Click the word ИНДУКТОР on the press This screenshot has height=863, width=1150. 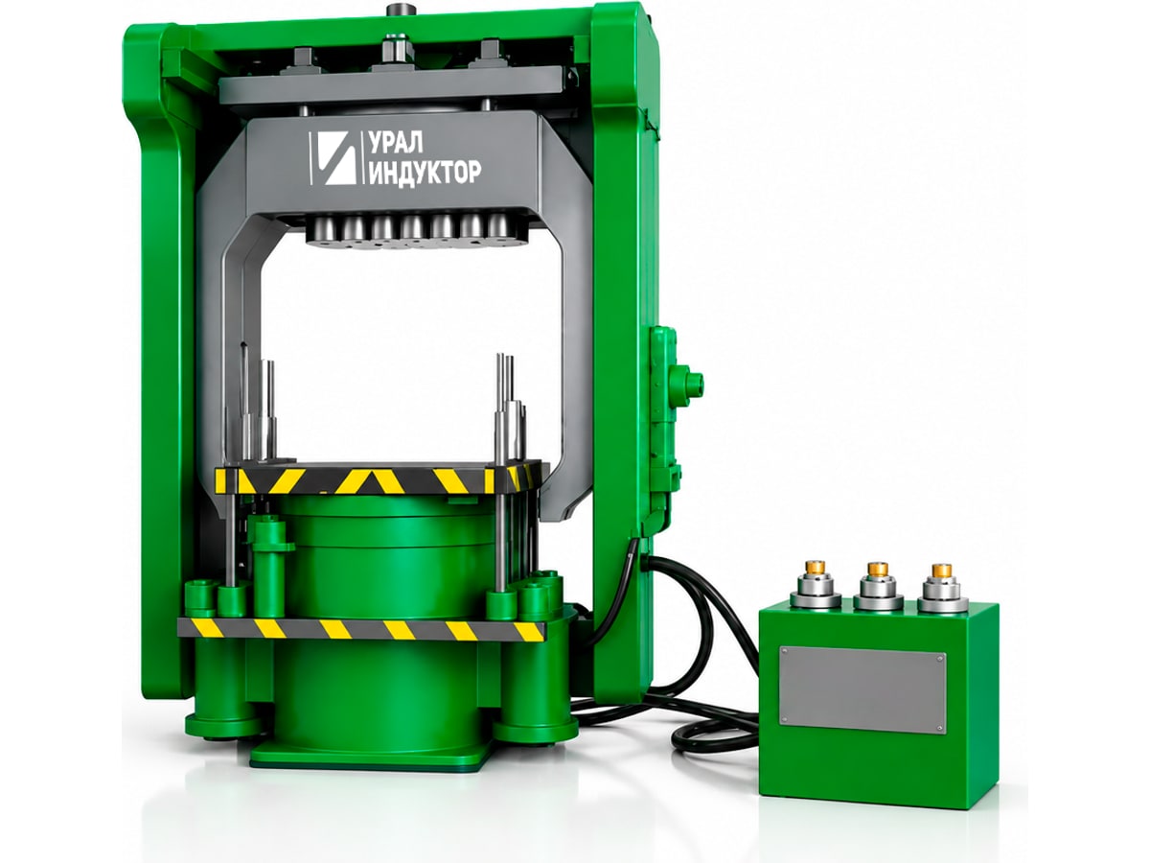[x=425, y=172]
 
